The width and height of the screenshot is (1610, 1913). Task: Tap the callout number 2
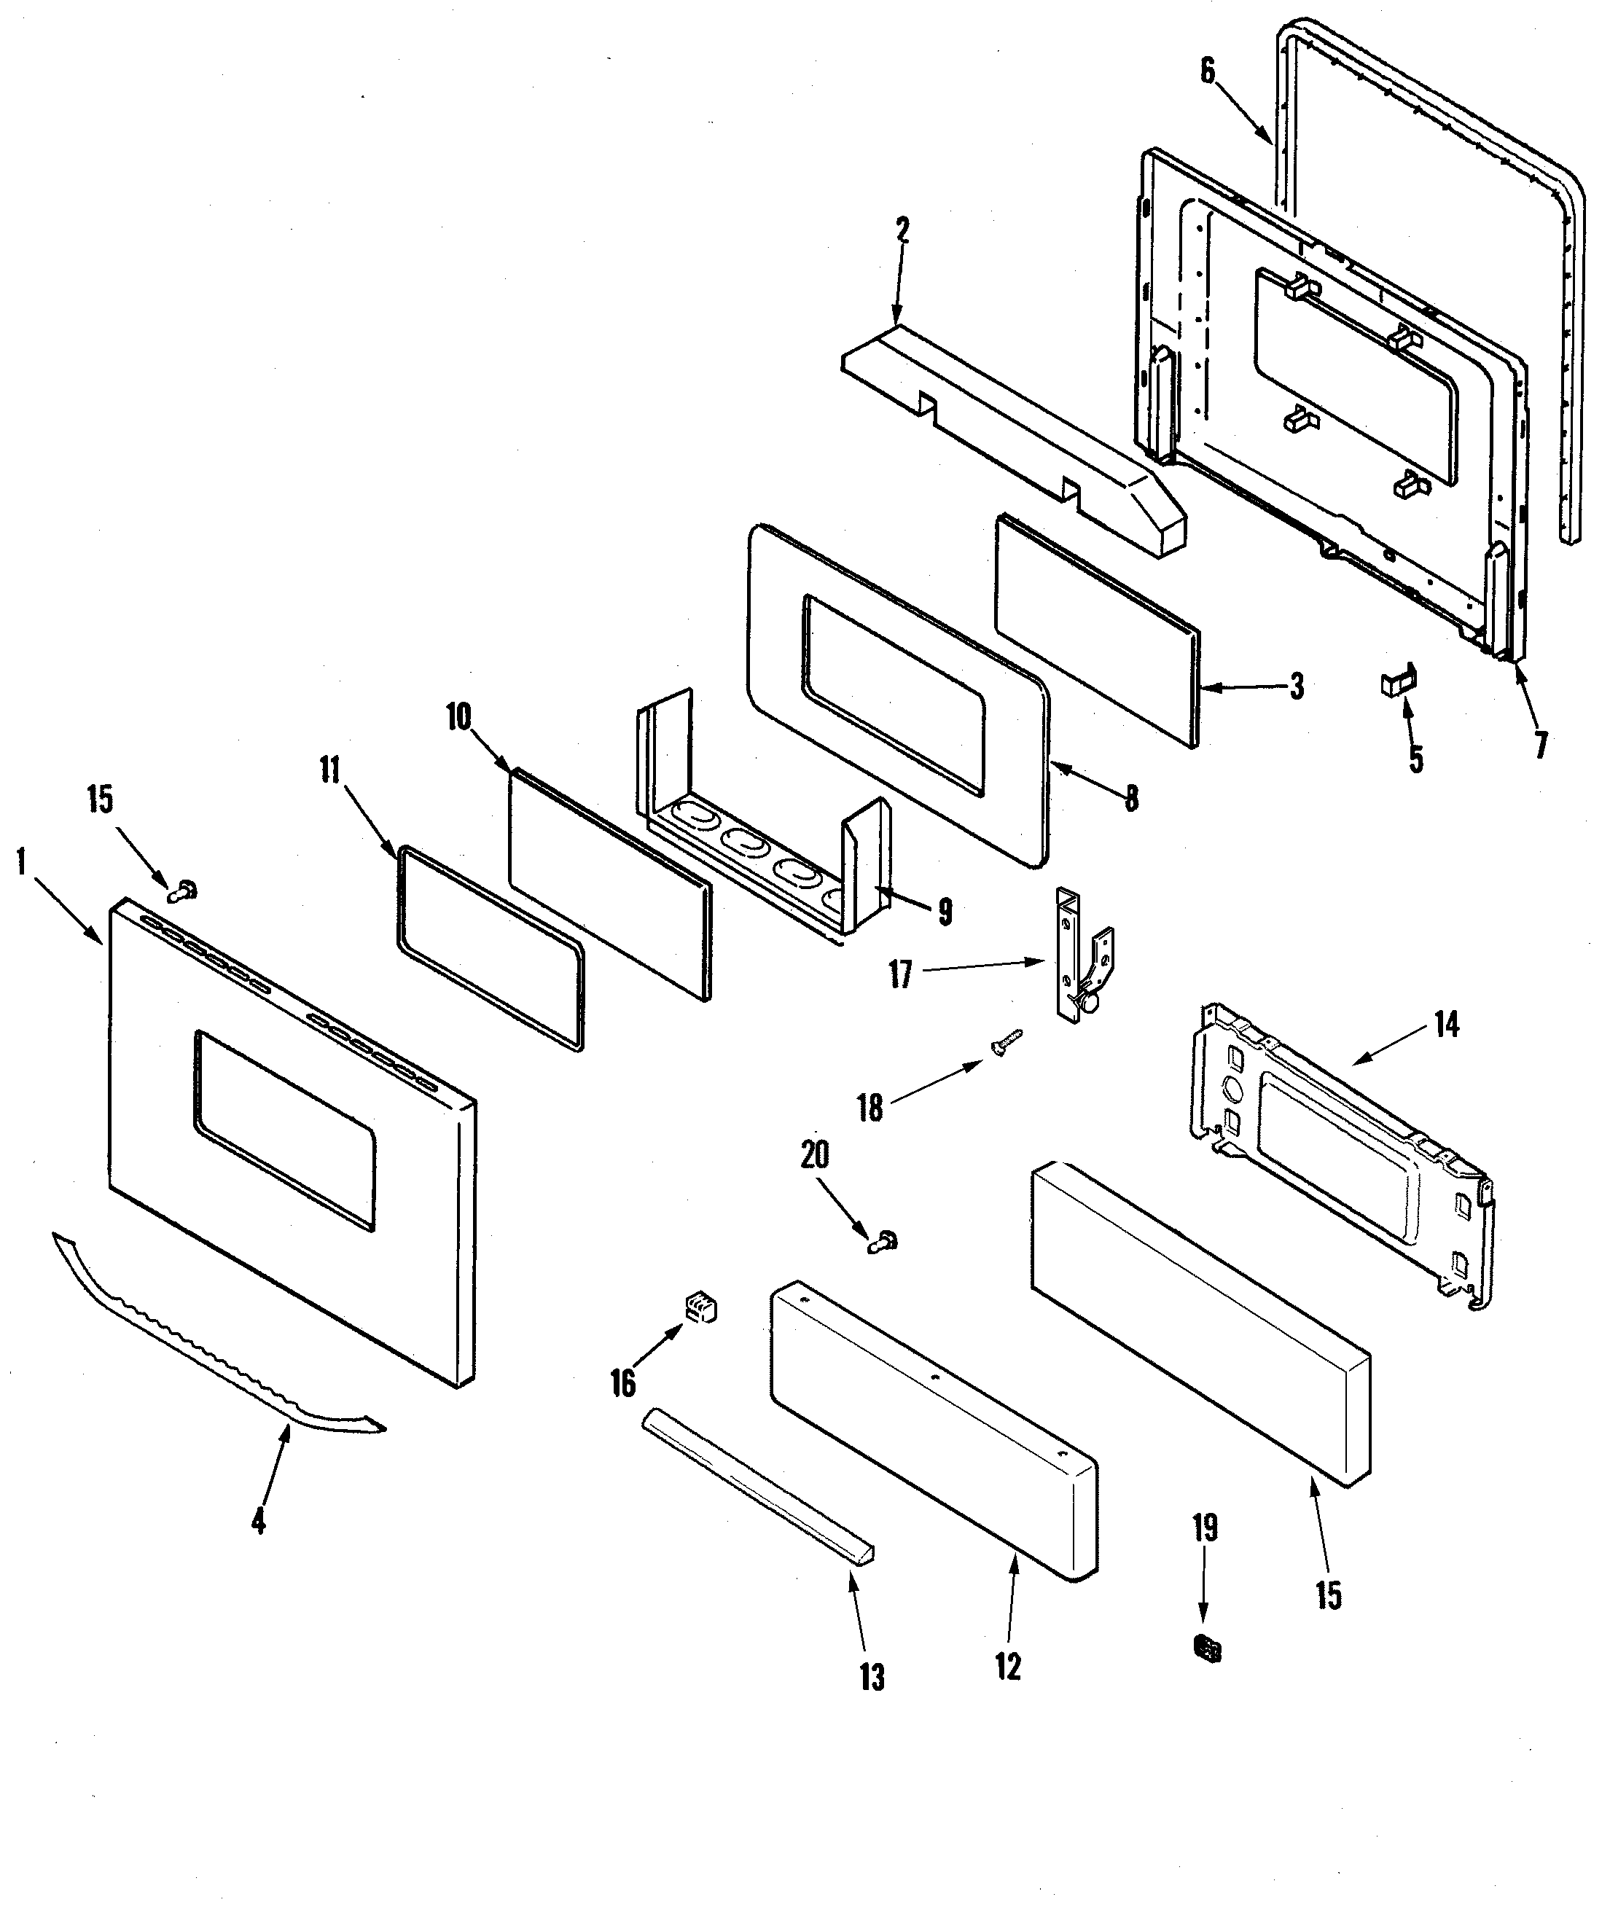902,230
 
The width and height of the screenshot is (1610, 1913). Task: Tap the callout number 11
329,771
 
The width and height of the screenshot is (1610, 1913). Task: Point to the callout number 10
458,717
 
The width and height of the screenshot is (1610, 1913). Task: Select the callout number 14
1446,1025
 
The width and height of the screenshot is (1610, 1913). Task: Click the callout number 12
1008,1667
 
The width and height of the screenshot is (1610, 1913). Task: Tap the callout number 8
1132,799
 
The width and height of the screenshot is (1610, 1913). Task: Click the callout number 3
1296,686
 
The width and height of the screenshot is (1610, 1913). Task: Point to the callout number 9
945,911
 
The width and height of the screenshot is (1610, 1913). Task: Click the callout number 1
20,863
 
